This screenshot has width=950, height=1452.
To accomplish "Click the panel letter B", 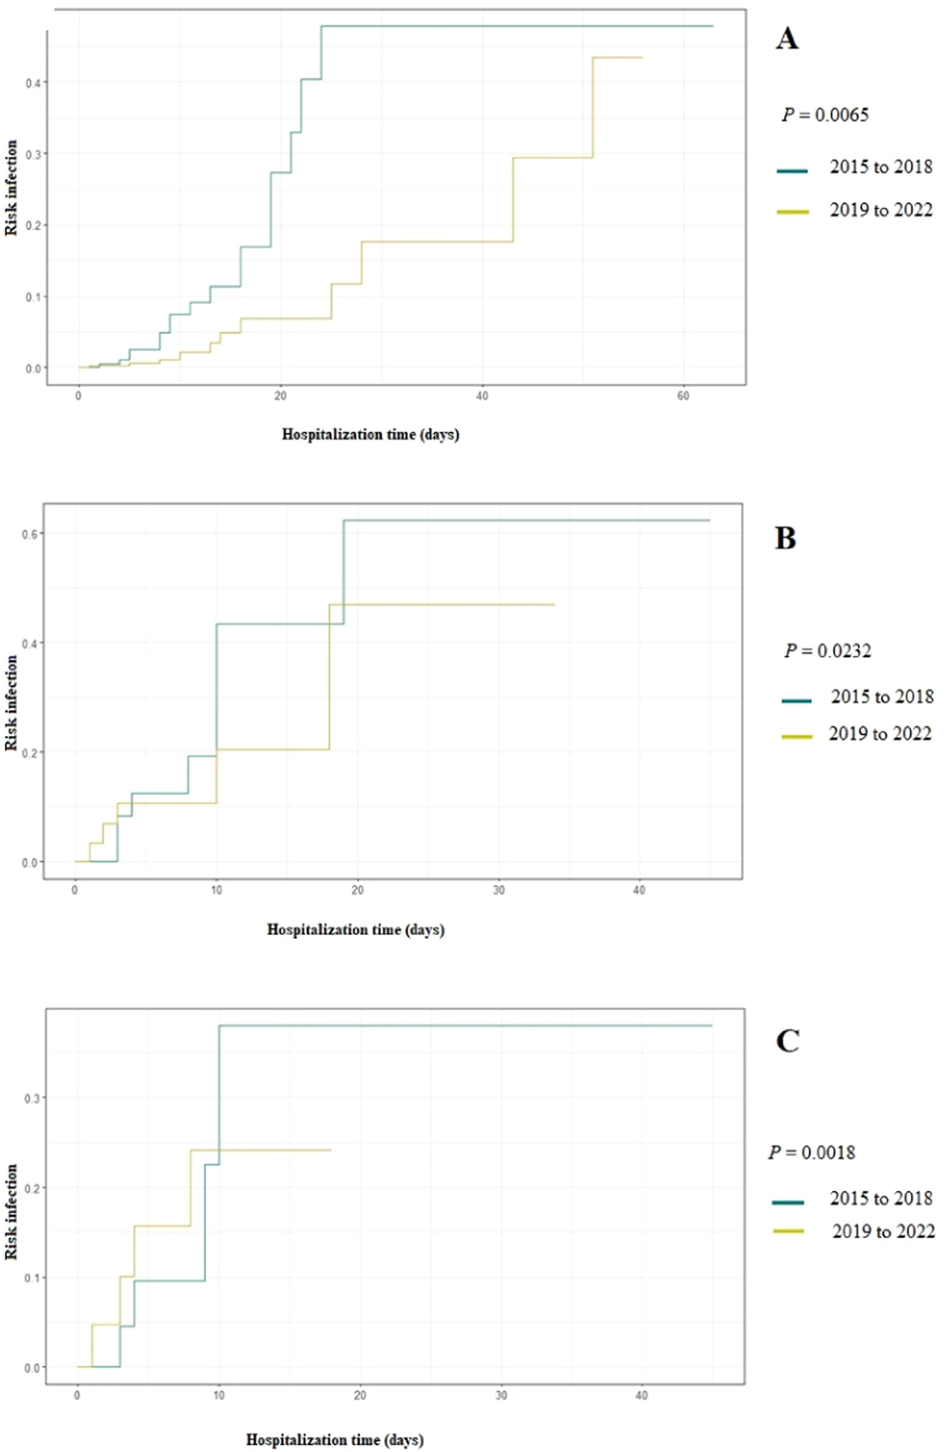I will tap(785, 539).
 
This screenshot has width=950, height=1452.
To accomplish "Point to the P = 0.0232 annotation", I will tap(828, 651).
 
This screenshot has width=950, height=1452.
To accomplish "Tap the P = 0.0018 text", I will tap(812, 1152).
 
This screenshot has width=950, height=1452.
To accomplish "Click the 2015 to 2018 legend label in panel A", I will tap(880, 166).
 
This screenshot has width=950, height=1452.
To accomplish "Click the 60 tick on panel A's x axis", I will tap(684, 396).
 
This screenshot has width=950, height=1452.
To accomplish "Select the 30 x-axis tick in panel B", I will tap(499, 890).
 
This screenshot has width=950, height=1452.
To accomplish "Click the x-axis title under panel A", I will tap(370, 435).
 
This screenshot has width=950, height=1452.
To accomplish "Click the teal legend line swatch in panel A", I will tap(792, 172).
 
